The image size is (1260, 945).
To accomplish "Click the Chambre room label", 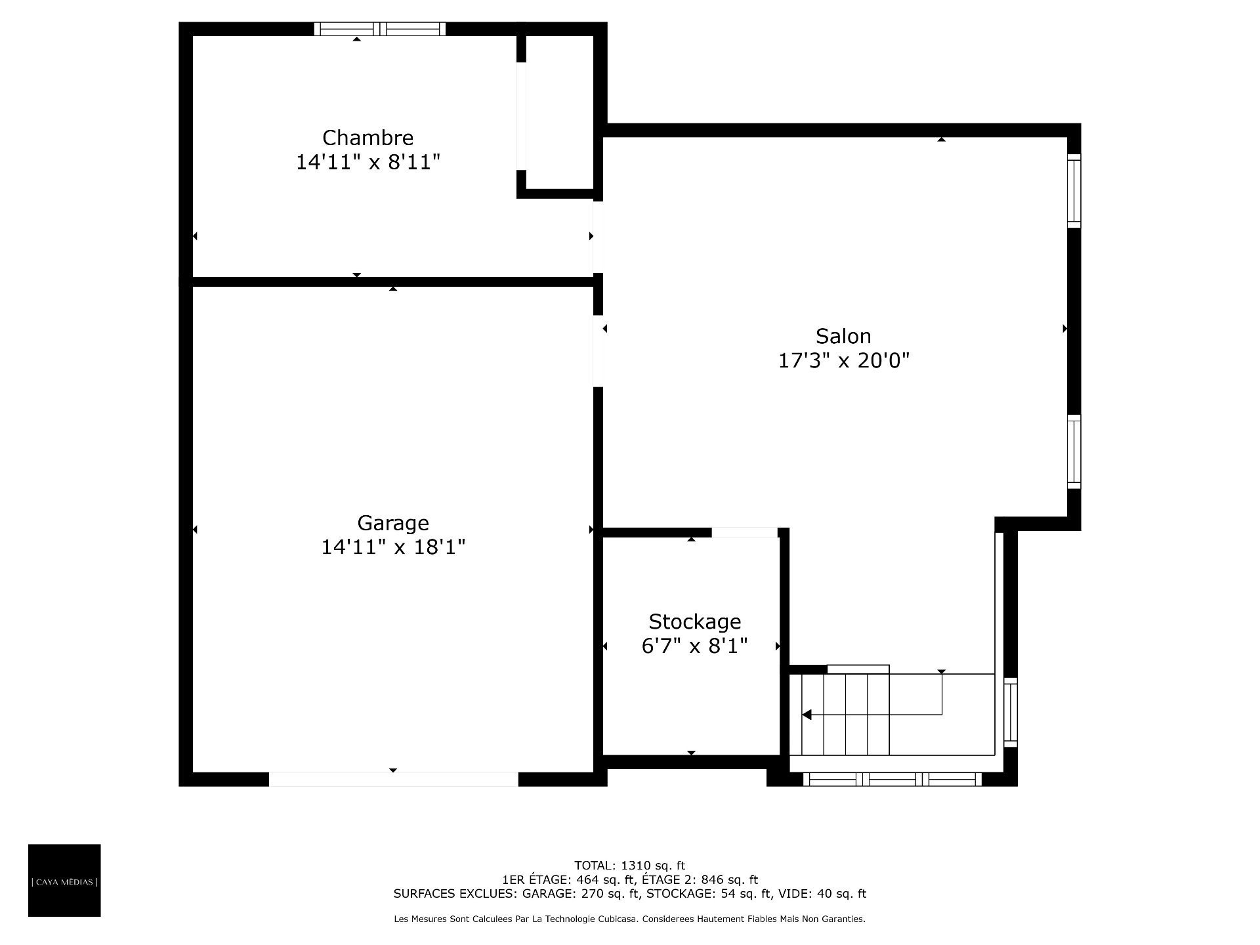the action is (367, 138).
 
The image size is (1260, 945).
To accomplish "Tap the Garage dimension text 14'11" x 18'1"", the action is (393, 547).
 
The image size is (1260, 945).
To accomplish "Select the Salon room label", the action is (843, 336).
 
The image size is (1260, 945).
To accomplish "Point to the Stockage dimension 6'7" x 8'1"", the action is (694, 646).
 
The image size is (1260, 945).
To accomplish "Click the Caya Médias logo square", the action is (64, 880).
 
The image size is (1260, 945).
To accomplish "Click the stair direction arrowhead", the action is (807, 715).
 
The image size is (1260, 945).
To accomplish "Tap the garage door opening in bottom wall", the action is (393, 779).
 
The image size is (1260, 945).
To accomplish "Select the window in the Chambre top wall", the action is (379, 29).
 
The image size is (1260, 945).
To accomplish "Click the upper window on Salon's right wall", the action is (1074, 191).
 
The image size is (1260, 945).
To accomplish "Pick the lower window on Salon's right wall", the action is (1074, 451).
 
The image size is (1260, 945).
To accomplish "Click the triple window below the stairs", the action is (892, 779).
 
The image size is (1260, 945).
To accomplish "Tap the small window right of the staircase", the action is (1011, 712).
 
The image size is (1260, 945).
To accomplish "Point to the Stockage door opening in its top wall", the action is (745, 532).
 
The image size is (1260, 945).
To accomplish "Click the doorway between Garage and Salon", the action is (598, 351).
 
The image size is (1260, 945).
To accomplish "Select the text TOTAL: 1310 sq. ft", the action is (629, 866).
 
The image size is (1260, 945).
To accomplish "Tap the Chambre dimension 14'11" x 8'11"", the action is (367, 162).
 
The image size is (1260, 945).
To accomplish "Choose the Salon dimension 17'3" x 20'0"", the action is (843, 360).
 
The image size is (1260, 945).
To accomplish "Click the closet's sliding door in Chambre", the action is (521, 116).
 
